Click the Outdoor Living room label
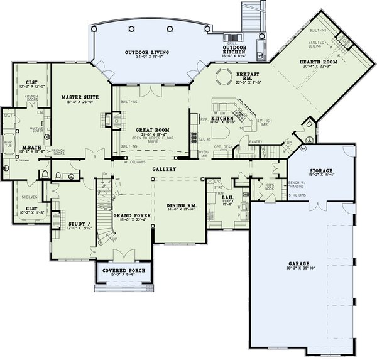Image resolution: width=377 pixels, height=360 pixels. pos(141,52)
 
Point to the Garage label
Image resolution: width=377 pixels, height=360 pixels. pos(291,266)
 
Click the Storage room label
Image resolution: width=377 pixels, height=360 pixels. pos(320,170)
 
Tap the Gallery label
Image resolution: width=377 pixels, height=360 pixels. pos(163,170)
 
